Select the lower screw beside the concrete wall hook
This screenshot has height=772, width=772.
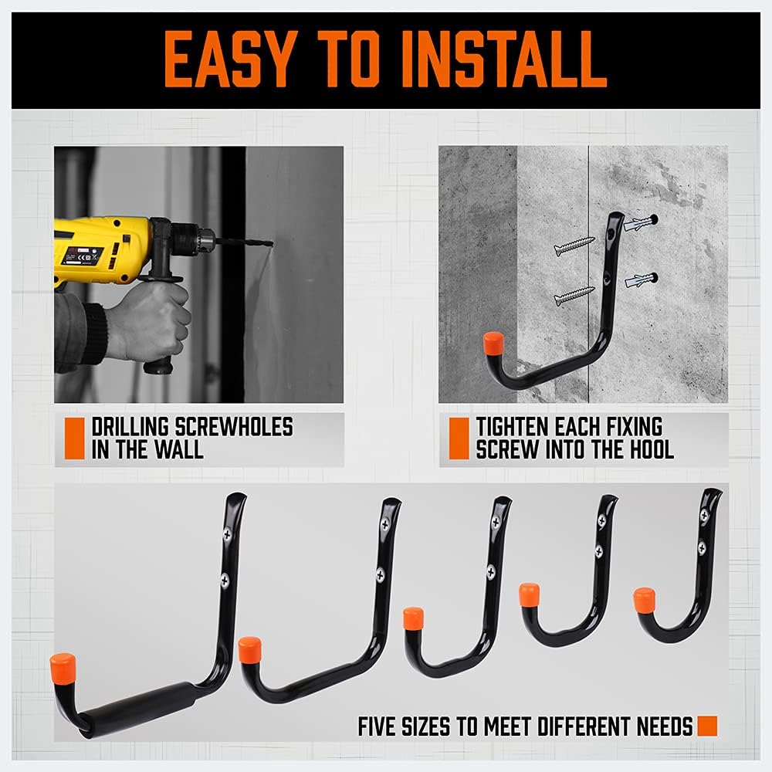(574, 295)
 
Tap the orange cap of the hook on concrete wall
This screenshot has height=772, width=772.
(492, 343)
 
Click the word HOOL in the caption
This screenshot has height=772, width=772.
(648, 449)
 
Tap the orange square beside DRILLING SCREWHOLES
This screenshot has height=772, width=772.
(74, 438)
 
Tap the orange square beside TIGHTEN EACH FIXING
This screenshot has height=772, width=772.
(459, 438)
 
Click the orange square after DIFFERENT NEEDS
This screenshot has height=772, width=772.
(706, 726)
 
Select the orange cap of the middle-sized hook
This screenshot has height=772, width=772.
(414, 618)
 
